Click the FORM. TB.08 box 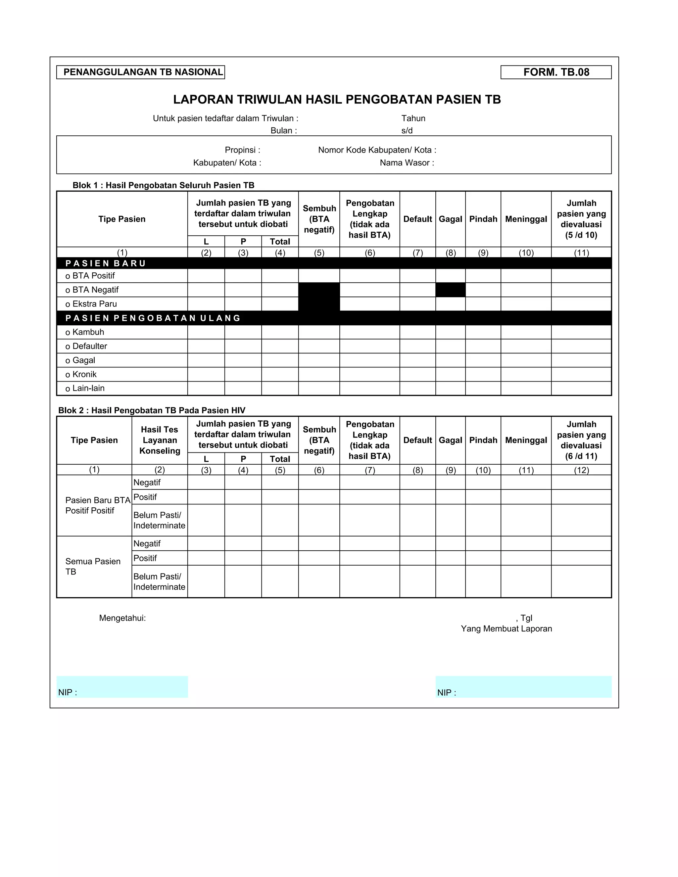tap(556, 72)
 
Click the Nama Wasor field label tap(407, 162)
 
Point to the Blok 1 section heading tap(163, 185)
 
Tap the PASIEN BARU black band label tap(106, 263)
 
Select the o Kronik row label tap(81, 374)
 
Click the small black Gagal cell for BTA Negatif tap(450, 290)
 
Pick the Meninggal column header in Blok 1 tap(526, 219)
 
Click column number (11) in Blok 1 tap(581, 253)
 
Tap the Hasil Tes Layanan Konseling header tap(160, 440)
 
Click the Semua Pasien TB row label tap(92, 566)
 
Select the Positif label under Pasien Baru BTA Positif tap(145, 497)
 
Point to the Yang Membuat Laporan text tap(506, 629)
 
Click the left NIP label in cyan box tap(68, 693)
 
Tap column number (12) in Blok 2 tap(581, 470)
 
